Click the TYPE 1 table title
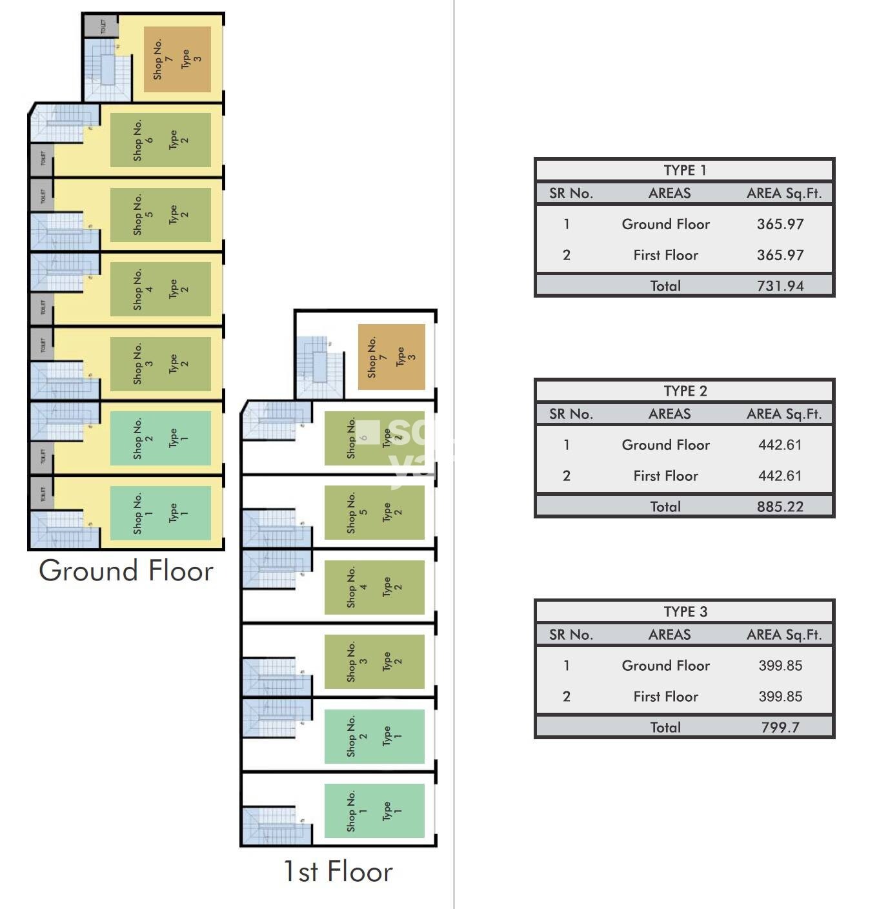pos(685,170)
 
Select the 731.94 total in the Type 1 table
pos(780,286)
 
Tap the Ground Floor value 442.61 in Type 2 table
pos(780,445)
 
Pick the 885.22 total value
pos(780,507)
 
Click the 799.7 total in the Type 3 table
pos(780,728)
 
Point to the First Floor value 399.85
pos(780,697)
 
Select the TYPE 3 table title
pos(685,612)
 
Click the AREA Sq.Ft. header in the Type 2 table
pos(784,414)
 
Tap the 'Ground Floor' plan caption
pos(126,571)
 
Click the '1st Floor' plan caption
pos(338,872)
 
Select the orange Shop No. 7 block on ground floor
pos(177,59)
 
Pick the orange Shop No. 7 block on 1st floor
pos(391,357)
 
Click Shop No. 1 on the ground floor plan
pos(160,513)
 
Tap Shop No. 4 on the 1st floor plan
pos(374,587)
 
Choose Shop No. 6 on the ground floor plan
pos(160,140)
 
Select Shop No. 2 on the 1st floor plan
pos(374,736)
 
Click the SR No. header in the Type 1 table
pos(570,193)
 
